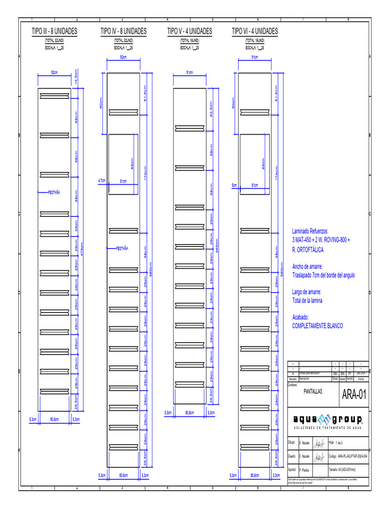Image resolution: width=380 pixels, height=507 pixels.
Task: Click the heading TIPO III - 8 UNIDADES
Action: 54,31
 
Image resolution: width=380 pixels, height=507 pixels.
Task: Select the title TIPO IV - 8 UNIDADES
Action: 123,31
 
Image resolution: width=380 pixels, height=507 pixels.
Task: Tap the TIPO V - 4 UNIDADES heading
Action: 190,31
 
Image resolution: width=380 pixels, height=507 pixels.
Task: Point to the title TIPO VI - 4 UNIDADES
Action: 255,31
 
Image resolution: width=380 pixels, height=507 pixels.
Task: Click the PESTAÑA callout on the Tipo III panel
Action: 53,192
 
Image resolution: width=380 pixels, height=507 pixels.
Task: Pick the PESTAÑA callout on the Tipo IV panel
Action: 122,249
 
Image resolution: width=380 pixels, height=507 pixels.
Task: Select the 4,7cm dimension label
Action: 102,181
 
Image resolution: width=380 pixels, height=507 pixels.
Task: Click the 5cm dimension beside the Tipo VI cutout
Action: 235,185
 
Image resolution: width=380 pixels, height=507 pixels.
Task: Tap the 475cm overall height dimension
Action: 83,252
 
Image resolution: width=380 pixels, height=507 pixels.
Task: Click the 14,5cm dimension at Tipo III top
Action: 76,77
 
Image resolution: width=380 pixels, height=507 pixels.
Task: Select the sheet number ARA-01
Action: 354,395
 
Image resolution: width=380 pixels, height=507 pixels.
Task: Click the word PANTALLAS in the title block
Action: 313,391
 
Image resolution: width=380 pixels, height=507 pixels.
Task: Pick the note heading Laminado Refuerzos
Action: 310,231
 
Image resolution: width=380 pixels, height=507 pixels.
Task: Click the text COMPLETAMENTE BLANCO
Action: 317,326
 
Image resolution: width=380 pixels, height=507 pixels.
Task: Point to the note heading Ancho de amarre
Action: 307,266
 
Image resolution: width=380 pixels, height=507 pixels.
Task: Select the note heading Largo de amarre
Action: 307,292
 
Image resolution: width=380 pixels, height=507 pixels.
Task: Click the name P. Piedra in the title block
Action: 304,469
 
